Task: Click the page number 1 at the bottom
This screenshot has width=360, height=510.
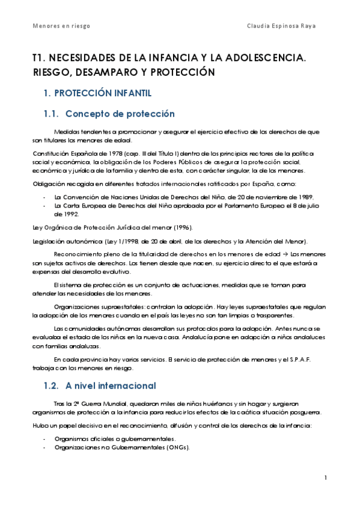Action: click(325, 478)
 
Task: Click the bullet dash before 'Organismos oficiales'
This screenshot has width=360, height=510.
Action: click(46, 440)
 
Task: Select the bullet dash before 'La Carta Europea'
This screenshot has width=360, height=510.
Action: click(46, 205)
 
